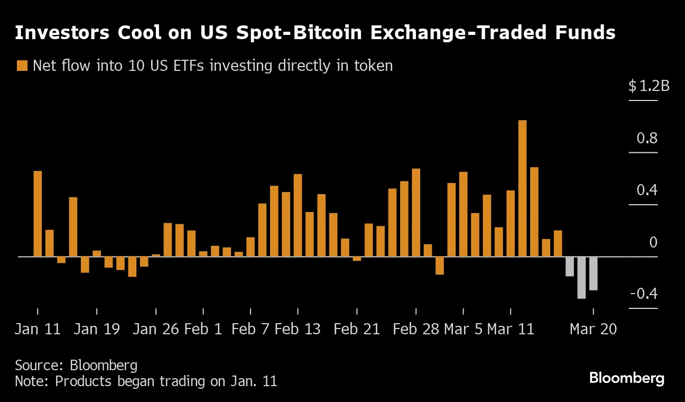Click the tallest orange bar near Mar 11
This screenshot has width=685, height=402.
pos(522,188)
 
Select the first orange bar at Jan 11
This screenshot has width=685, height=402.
pos(38,214)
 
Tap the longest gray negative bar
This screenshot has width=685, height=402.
pos(581,278)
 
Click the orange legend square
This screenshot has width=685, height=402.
pos(22,66)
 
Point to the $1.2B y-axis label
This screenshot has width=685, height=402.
pos(649,86)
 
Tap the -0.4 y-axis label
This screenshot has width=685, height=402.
pos(643,294)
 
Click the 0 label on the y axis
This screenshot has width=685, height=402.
pos(653,242)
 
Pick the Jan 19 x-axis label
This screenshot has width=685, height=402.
pos(97,329)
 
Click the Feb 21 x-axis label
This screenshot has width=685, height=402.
pos(357,329)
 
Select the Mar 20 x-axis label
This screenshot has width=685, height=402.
pos(593,329)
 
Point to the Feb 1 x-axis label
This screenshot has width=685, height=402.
pos(203,329)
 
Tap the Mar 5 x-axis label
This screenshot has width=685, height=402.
pos(463,329)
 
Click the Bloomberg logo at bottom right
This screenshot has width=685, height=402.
pos(626,378)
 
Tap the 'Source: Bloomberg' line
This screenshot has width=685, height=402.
pos(76,365)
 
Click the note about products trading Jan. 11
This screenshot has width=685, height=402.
pos(146,381)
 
